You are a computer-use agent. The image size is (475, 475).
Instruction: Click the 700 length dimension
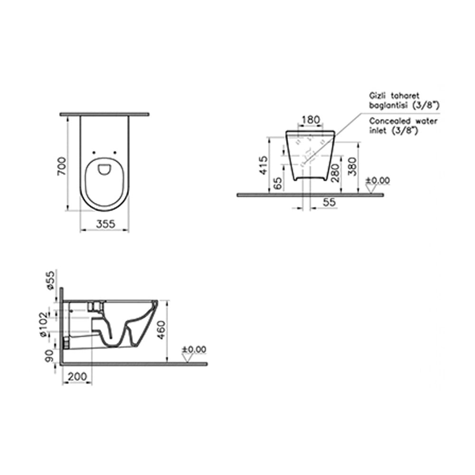62,166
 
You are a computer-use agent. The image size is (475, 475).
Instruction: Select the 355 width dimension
106,224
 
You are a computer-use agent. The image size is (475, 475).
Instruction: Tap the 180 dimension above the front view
311,120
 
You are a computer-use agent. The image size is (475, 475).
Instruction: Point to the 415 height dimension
263,165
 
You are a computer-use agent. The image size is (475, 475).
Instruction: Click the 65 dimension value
277,183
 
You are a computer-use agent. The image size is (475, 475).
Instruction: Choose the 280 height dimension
335,173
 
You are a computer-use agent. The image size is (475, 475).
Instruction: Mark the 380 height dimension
352,166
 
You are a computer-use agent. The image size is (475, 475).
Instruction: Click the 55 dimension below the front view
329,202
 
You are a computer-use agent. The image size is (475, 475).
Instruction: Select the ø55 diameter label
51,280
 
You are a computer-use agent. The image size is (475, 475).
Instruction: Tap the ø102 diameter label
44,324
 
